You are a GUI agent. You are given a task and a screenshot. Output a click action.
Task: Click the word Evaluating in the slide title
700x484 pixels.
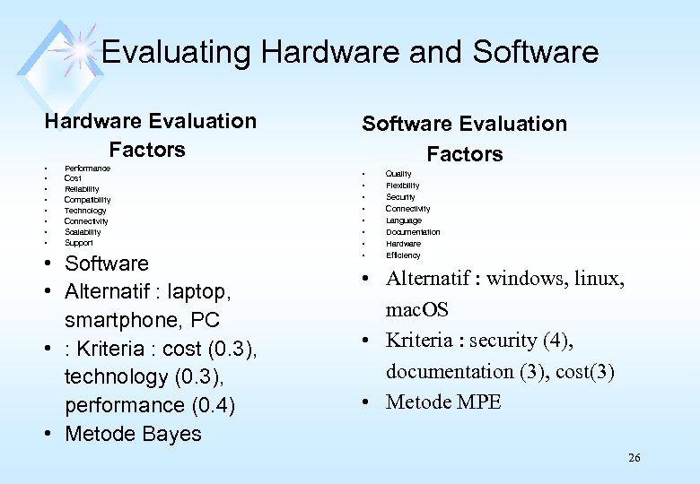pos(176,52)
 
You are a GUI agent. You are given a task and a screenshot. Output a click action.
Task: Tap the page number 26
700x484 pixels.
pos(634,458)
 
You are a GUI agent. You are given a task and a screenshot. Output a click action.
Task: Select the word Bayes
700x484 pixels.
pos(171,434)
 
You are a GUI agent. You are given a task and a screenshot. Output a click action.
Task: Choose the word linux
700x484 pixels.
pos(597,279)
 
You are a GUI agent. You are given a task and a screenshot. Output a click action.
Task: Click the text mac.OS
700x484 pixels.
pos(417,310)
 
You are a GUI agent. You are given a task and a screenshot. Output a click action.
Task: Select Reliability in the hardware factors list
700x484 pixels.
pos(82,189)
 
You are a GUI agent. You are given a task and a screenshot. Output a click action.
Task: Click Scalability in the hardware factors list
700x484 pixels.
pos(83,232)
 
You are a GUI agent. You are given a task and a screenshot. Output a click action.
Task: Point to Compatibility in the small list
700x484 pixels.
pos(87,200)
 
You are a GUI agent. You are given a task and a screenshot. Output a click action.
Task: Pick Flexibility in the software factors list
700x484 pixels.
pos(402,186)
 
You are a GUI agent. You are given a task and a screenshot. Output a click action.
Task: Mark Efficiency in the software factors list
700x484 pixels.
pos(403,255)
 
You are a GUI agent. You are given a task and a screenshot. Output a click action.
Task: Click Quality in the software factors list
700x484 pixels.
pos(398,174)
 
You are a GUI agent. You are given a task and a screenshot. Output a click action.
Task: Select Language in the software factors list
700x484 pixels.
pos(403,220)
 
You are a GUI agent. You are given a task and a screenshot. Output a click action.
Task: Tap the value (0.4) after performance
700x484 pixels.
pos(214,405)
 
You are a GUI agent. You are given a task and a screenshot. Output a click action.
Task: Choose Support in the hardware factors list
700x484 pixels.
pos(78,243)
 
